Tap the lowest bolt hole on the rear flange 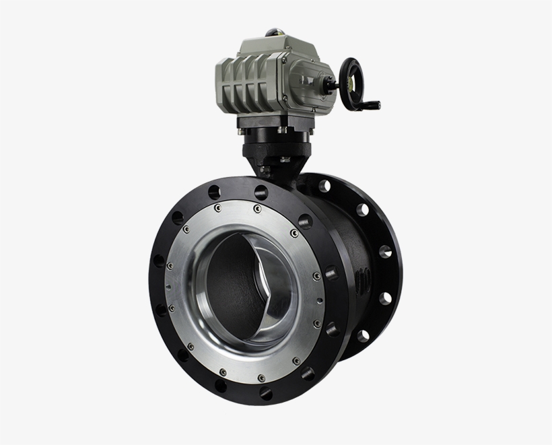tap(363, 335)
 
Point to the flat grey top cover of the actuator tap(269, 46)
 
